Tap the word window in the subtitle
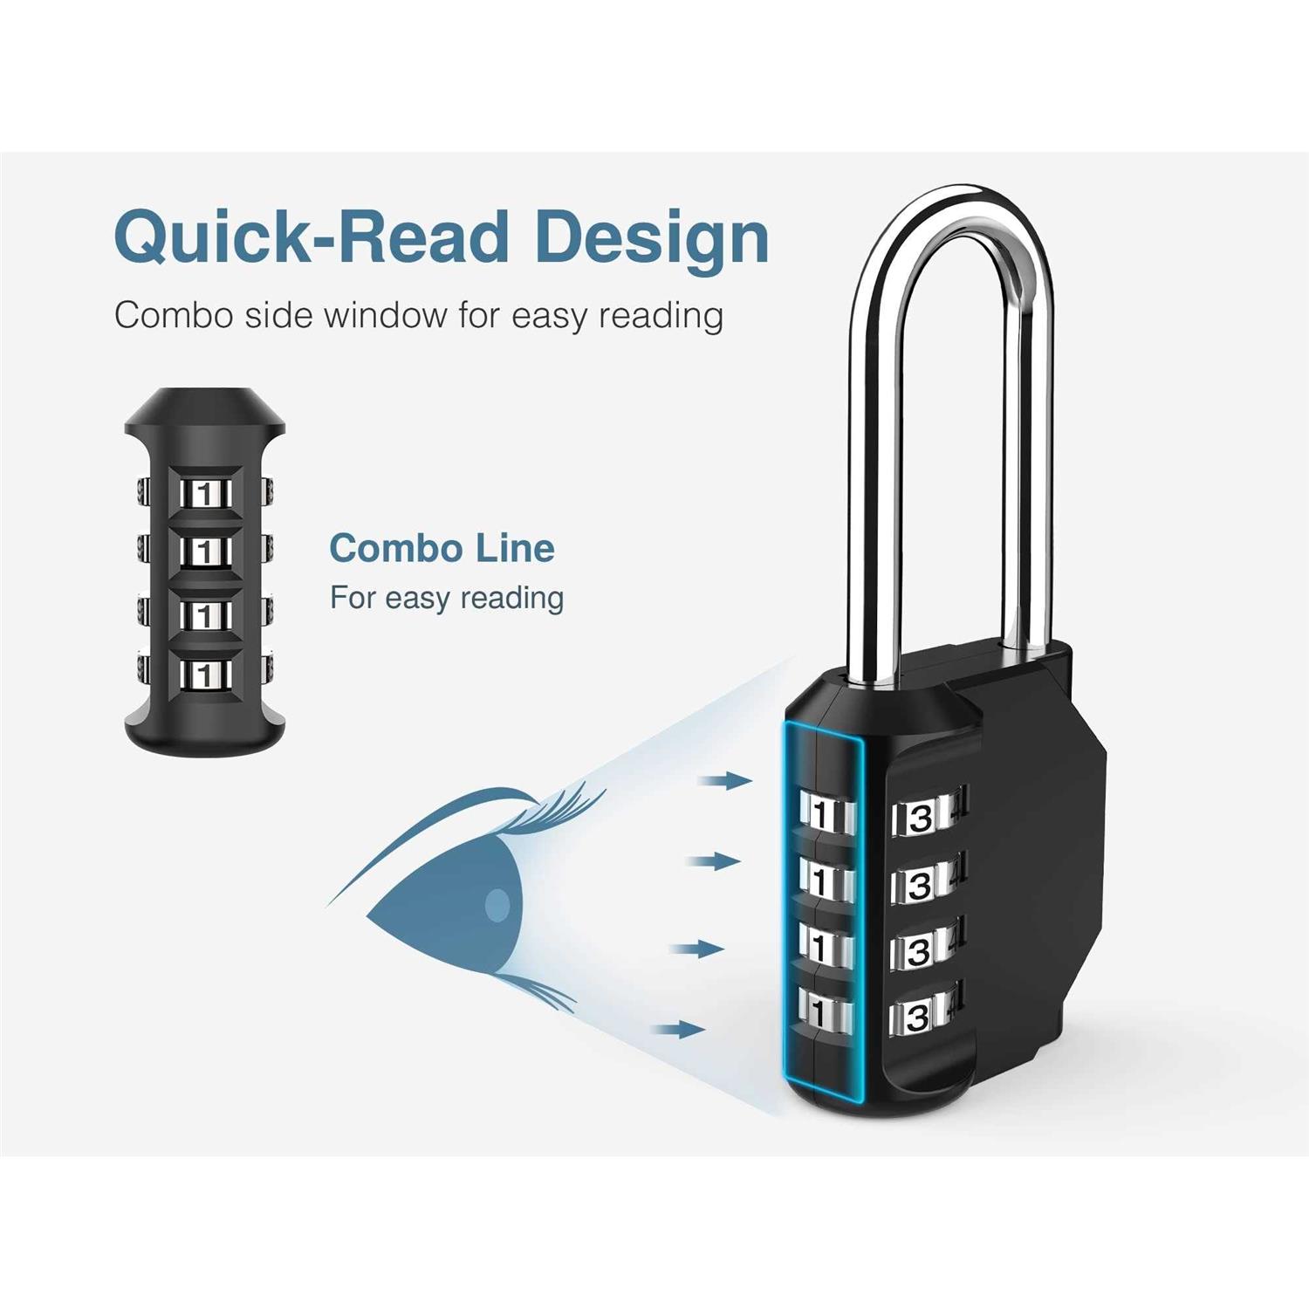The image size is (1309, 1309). coord(384,315)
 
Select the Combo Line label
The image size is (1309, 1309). coord(442,548)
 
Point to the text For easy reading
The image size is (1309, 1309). coord(447,598)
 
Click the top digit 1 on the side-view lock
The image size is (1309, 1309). coord(205,495)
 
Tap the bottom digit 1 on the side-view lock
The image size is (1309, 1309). coord(205,675)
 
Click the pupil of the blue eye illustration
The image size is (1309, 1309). coord(497,905)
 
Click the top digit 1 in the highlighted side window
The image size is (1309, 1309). coord(819,814)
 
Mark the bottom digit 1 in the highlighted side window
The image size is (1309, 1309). coord(818,1013)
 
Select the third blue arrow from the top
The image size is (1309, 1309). coord(697,949)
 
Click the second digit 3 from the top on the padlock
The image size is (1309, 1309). coord(919,886)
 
